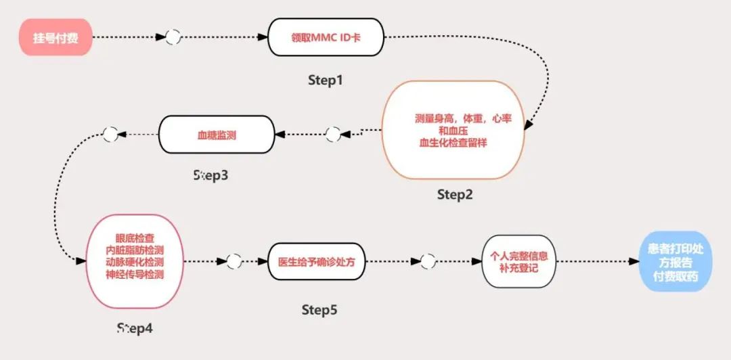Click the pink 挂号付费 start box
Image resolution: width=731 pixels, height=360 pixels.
(56, 38)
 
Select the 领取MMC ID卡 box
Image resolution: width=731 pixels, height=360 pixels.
(326, 37)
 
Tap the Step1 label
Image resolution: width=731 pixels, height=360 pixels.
(326, 81)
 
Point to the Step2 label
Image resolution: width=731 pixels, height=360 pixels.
(455, 195)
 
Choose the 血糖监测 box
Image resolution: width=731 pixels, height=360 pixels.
(216, 135)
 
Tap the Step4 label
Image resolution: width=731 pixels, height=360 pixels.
(135, 329)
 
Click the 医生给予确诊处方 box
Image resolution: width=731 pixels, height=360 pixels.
(317, 261)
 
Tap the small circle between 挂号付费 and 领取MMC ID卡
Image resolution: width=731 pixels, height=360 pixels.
(173, 37)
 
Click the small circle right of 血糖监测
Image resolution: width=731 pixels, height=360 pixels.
(333, 135)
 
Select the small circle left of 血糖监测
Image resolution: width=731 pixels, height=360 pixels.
(110, 134)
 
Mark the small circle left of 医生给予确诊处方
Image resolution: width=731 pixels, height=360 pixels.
(234, 261)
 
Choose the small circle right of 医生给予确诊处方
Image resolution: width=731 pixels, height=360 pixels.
(428, 261)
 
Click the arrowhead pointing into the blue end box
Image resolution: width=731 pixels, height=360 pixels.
(634, 262)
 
